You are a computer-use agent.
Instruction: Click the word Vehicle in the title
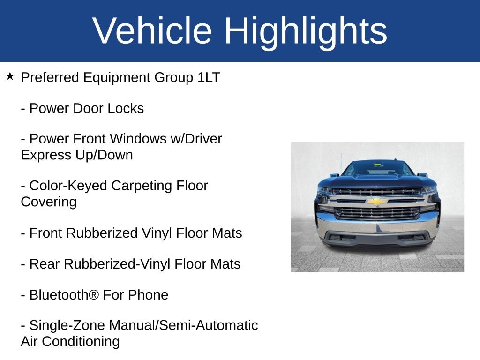[x=153, y=31]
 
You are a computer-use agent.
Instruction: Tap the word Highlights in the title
[x=306, y=31]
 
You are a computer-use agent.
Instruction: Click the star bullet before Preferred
[x=10, y=76]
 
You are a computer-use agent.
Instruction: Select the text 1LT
[x=209, y=77]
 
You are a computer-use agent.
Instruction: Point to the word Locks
[x=126, y=108]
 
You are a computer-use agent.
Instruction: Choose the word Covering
[x=49, y=202]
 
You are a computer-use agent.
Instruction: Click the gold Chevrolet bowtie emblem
[x=377, y=201]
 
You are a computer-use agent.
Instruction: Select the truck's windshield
[x=377, y=169]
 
